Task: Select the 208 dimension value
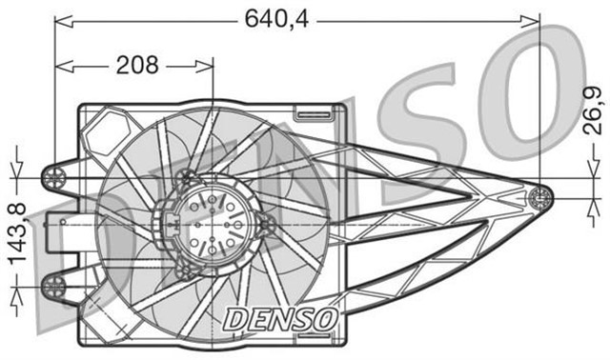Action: pyautogui.click(x=137, y=65)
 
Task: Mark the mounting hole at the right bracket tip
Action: pyautogui.click(x=539, y=197)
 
